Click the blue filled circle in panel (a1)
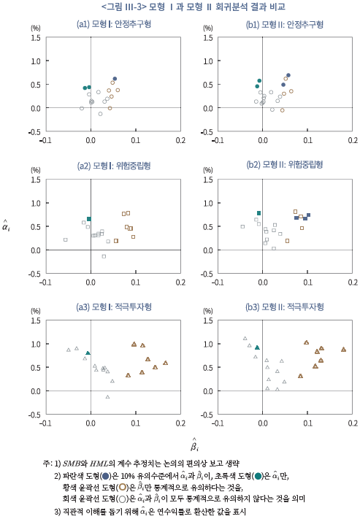click(x=115, y=79)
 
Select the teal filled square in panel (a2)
click(x=89, y=219)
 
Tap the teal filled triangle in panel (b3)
click(x=257, y=347)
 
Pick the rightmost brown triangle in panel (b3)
click(x=344, y=349)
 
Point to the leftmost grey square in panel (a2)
click(x=66, y=239)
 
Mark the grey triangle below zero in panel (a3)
click(x=107, y=396)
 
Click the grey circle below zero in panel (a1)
click(x=100, y=114)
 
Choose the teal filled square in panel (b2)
click(x=259, y=213)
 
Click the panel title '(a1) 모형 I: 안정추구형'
click(x=114, y=24)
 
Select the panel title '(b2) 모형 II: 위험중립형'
click(x=285, y=164)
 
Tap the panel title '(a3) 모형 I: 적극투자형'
click(x=114, y=307)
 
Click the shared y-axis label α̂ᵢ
click(x=6, y=226)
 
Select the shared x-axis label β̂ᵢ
click(x=195, y=445)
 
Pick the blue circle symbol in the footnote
click(x=106, y=477)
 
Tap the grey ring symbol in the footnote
click(x=122, y=499)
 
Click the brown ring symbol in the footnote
click(x=122, y=487)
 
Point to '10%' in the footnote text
click(x=128, y=477)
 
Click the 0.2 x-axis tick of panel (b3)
click(x=353, y=423)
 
